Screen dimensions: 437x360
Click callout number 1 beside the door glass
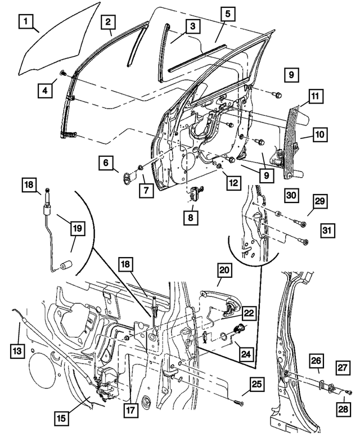tap(25, 23)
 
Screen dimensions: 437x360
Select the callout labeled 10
tap(319, 135)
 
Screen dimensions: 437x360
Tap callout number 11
tap(316, 97)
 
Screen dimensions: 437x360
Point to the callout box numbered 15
tap(61, 417)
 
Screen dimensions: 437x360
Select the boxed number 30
tap(291, 196)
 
